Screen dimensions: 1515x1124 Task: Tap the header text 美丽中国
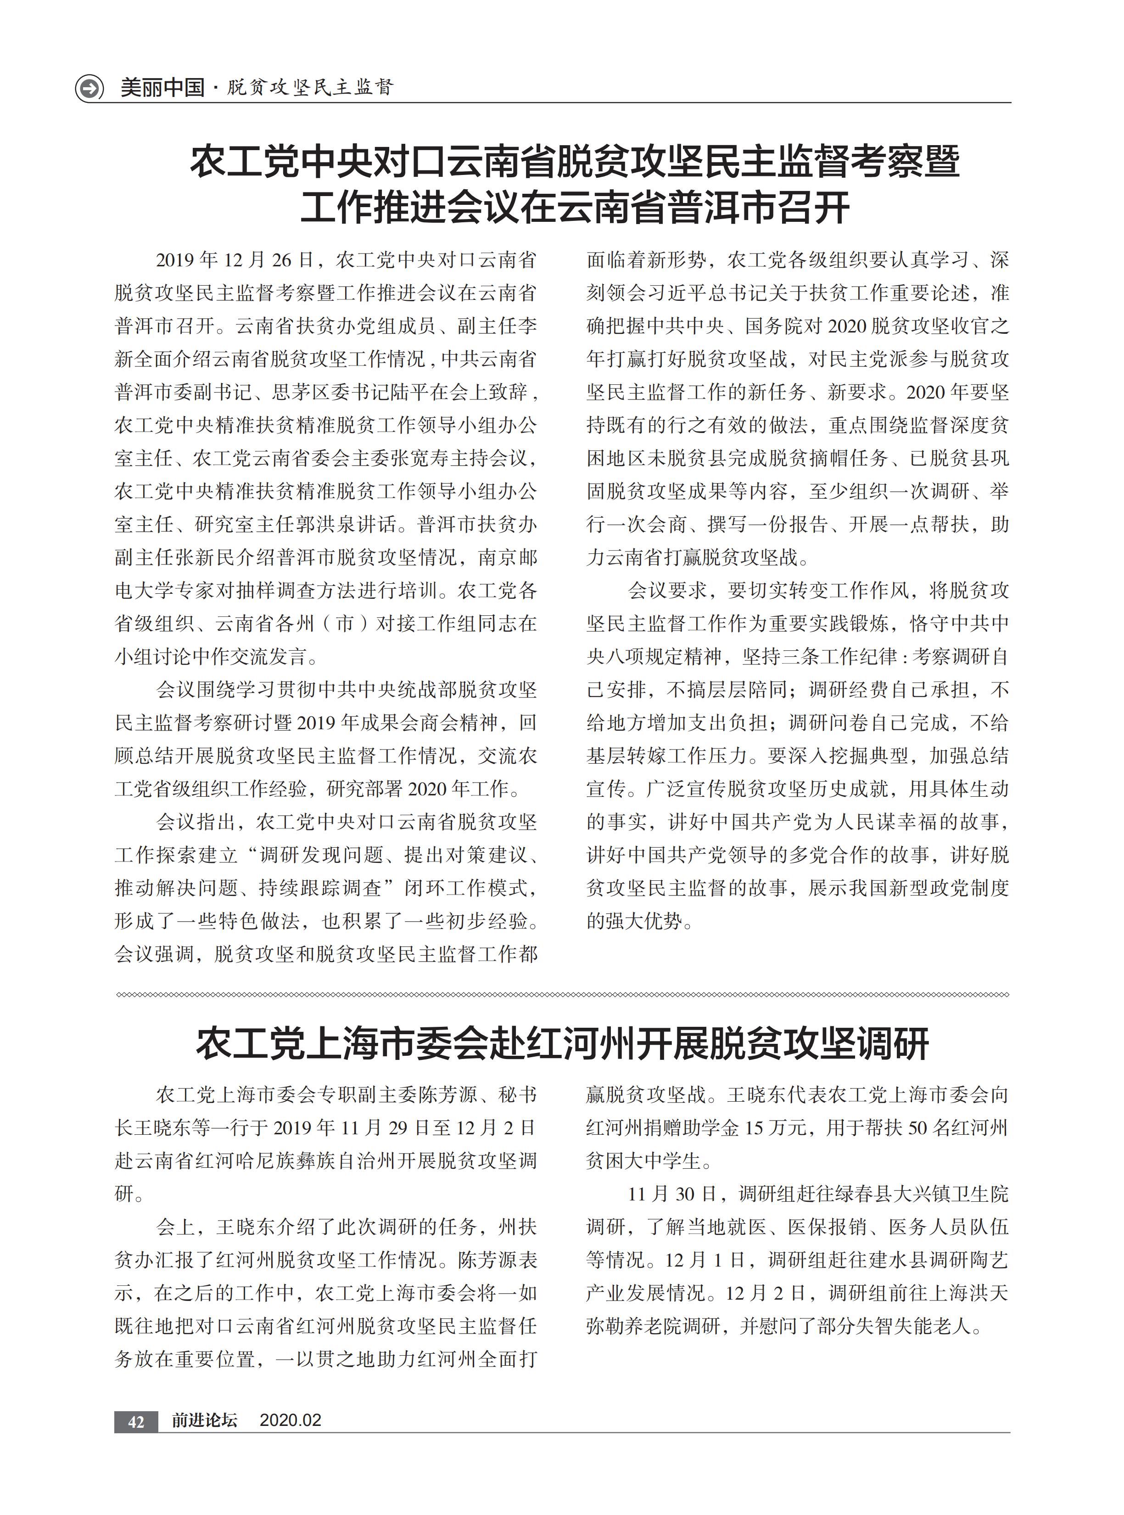162,88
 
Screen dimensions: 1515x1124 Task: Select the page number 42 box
136,1421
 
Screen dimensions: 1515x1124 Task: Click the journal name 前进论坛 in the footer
204,1420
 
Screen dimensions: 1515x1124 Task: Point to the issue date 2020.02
291,1420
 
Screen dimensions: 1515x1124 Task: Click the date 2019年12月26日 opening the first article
235,260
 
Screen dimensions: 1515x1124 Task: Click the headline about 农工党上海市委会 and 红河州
562,1043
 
